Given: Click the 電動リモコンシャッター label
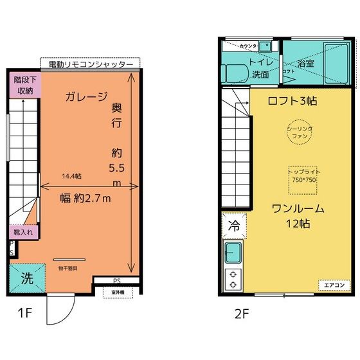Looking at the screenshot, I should [x=91, y=64].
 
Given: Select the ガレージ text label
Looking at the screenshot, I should [x=85, y=98].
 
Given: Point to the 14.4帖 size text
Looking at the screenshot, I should [x=71, y=175].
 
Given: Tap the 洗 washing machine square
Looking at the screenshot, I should [x=28, y=279].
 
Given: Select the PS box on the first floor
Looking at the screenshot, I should [x=116, y=281].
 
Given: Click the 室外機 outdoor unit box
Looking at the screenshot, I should [x=118, y=292].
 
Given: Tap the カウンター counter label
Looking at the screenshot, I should [x=248, y=46].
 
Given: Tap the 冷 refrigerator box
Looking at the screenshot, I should [x=233, y=226].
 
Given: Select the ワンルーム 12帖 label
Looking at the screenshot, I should [x=297, y=216].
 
